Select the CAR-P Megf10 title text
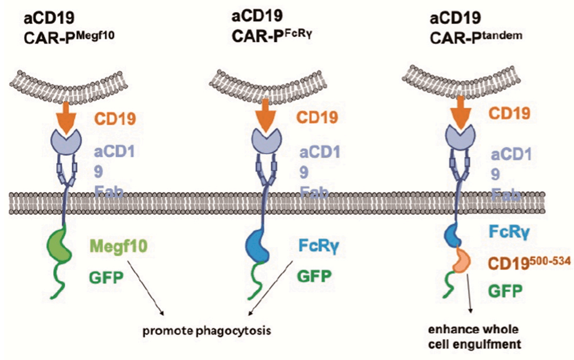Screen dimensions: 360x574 pyautogui.click(x=67, y=34)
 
